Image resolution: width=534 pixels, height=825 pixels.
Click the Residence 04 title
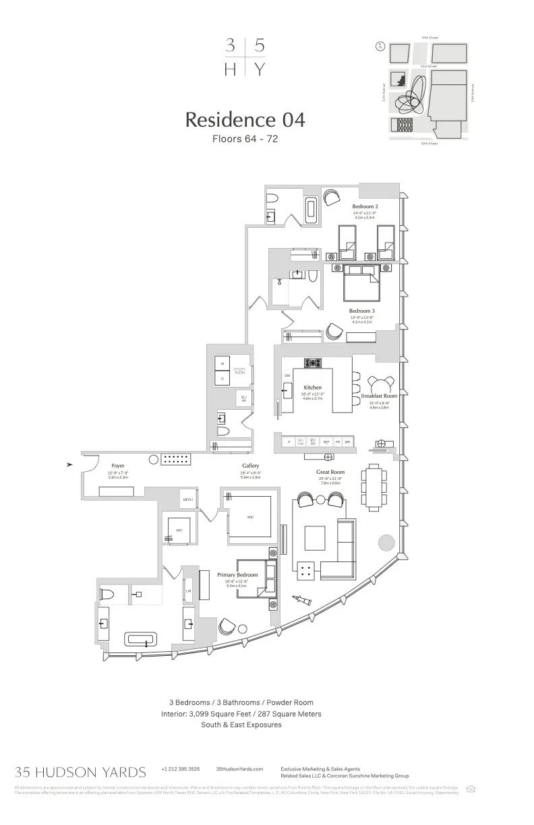click(245, 120)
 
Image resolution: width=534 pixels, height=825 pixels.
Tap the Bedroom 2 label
click(365, 206)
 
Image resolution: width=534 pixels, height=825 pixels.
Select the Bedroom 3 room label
click(362, 311)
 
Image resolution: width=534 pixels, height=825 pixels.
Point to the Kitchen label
click(313, 388)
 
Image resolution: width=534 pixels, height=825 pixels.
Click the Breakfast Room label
click(379, 396)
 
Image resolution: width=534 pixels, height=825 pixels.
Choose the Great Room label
click(330, 472)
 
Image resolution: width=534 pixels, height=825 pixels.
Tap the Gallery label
click(251, 466)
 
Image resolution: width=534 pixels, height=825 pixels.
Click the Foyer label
click(118, 466)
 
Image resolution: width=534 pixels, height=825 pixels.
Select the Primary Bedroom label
click(237, 575)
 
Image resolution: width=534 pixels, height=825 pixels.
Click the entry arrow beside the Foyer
click(70, 464)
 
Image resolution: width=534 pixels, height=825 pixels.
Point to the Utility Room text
click(239, 371)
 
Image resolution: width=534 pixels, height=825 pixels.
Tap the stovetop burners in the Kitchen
click(313, 363)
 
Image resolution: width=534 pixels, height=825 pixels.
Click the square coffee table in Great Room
click(315, 537)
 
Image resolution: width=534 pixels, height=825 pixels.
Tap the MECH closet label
click(188, 499)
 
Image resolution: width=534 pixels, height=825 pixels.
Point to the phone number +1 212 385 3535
click(180, 769)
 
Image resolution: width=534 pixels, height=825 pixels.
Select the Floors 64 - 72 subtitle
click(245, 140)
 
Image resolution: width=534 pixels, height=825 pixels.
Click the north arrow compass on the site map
click(380, 47)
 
